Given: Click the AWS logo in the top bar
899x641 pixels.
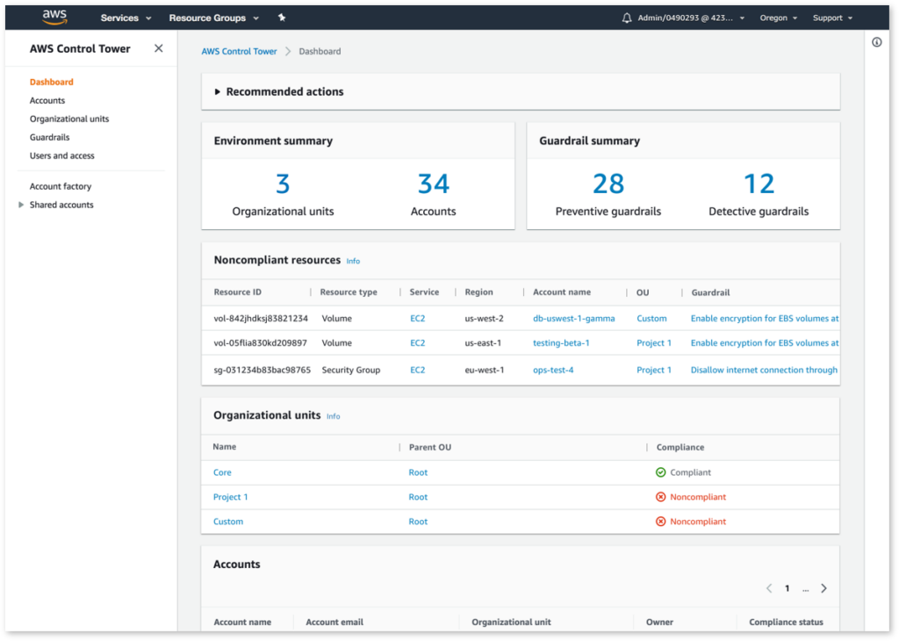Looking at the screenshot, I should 54,18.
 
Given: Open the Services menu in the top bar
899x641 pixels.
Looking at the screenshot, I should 126,18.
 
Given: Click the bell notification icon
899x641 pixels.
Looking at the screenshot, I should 626,18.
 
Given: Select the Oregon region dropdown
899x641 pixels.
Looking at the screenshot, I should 778,18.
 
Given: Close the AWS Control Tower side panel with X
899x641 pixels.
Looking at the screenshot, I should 159,48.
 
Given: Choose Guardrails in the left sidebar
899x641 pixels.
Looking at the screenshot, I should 49,137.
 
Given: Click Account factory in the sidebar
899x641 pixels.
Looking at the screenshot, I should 61,186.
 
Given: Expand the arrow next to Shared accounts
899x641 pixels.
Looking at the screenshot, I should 21,205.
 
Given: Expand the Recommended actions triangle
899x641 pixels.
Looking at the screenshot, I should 217,91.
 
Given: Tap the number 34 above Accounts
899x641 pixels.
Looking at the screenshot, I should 434,184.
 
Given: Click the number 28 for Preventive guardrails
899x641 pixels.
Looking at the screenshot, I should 608,184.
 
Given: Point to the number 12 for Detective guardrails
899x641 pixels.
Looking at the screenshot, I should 759,184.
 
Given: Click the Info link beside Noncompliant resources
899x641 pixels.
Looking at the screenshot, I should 353,261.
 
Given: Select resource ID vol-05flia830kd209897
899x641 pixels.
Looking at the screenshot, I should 261,342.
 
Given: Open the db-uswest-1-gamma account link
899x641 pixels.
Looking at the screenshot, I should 574,318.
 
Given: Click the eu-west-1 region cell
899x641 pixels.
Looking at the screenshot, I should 485,370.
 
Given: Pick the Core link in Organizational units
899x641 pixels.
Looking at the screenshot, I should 222,472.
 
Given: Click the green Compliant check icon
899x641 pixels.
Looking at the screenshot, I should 660,472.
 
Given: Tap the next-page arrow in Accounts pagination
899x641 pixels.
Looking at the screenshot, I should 823,588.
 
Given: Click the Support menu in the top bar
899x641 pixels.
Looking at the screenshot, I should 831,18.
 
